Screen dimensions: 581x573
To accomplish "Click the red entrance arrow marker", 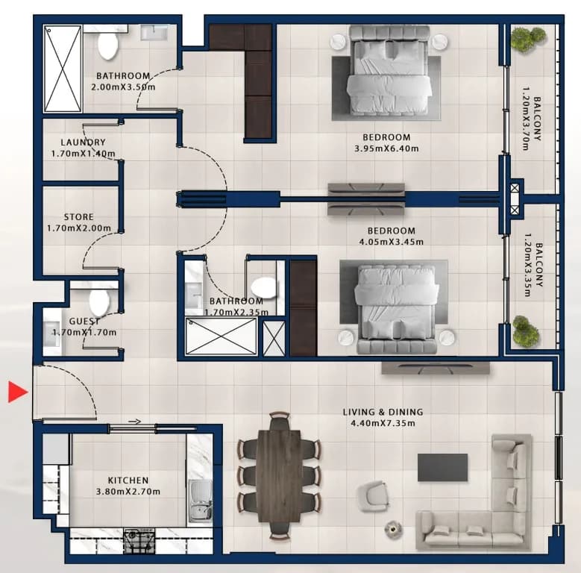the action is (17, 392).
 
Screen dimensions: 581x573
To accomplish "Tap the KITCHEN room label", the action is (128, 480).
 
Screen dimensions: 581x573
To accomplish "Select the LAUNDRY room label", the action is (83, 143).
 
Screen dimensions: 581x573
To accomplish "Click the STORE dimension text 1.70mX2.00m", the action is (79, 228).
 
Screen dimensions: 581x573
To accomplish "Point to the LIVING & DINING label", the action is (383, 412).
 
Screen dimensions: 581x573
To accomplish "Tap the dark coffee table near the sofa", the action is (442, 468).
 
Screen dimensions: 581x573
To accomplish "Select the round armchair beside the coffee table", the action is (373, 497).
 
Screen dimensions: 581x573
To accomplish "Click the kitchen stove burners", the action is (139, 541).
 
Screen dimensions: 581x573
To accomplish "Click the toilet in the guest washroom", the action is (100, 301).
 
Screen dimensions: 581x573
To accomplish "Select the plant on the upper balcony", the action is (528, 39).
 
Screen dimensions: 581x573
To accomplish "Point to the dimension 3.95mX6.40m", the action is (386, 148).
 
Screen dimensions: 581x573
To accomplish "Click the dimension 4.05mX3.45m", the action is (392, 242).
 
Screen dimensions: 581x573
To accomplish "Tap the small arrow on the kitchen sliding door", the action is (134, 422).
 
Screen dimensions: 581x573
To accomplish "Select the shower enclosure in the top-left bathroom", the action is (63, 69).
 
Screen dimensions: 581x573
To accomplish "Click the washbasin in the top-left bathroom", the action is (155, 33).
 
